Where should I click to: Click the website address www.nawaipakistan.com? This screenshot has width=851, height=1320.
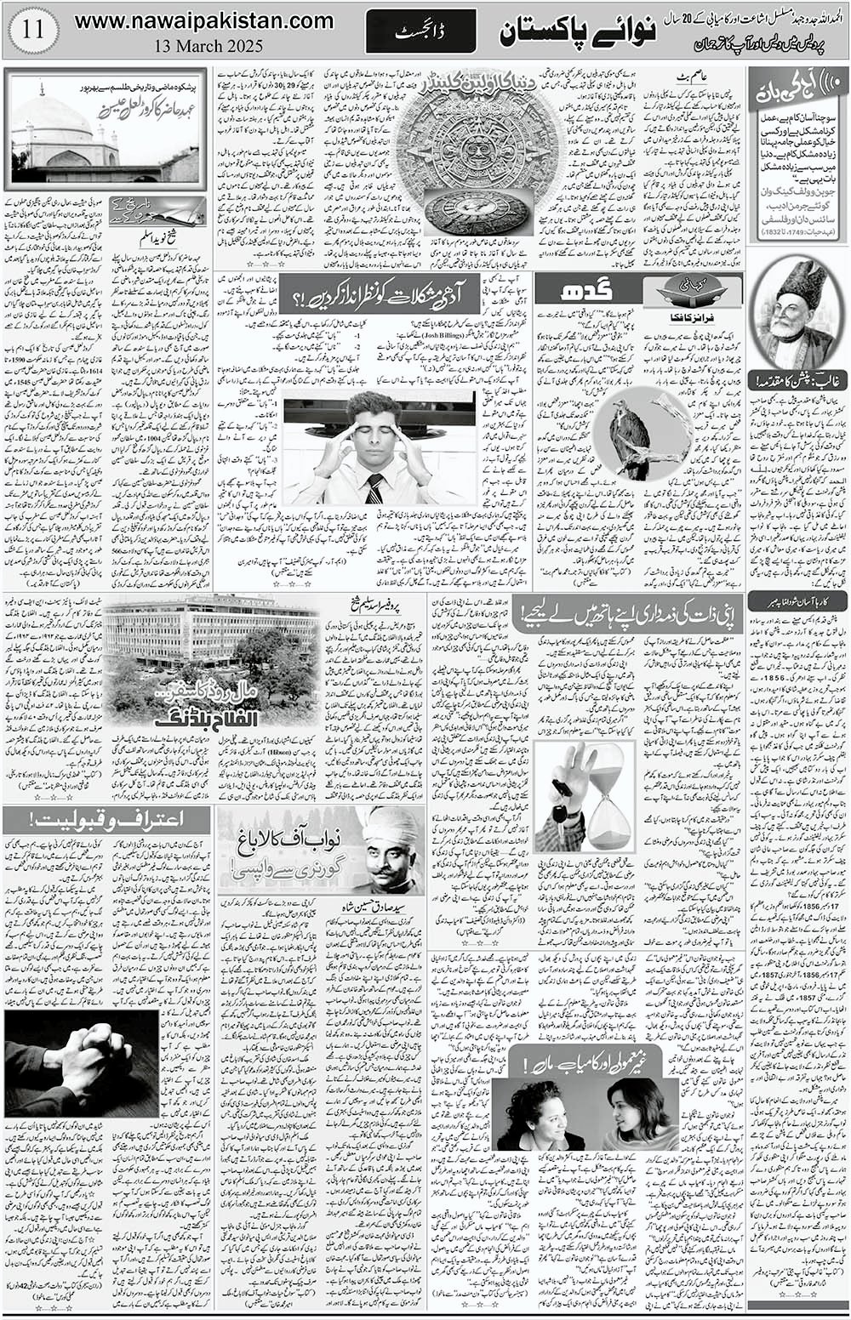coord(203,22)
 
